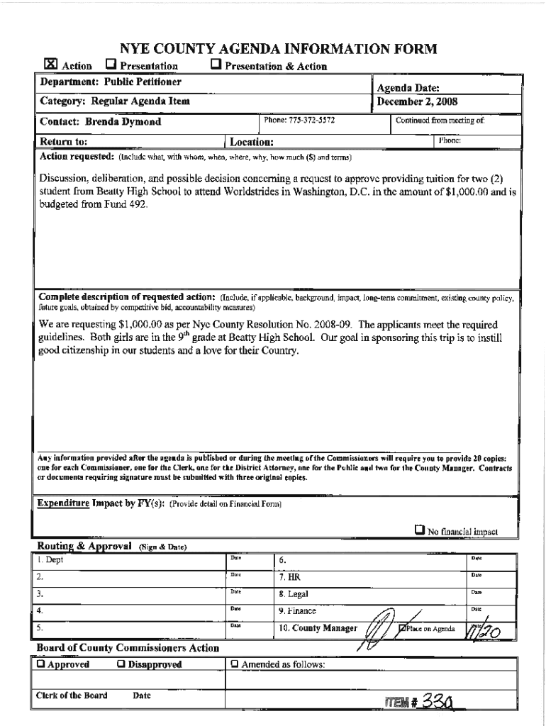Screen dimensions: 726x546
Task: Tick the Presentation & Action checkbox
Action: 216,65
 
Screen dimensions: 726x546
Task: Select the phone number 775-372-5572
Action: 299,121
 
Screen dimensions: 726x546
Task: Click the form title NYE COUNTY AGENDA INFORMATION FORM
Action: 273,49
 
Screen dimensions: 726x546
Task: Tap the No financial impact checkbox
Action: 420,530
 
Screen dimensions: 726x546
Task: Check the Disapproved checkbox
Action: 121,664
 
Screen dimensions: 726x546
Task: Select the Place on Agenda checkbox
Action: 403,628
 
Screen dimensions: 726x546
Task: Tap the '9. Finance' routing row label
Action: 297,611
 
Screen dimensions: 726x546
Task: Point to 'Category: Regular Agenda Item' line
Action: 113,102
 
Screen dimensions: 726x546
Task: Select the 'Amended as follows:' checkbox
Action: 234,664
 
